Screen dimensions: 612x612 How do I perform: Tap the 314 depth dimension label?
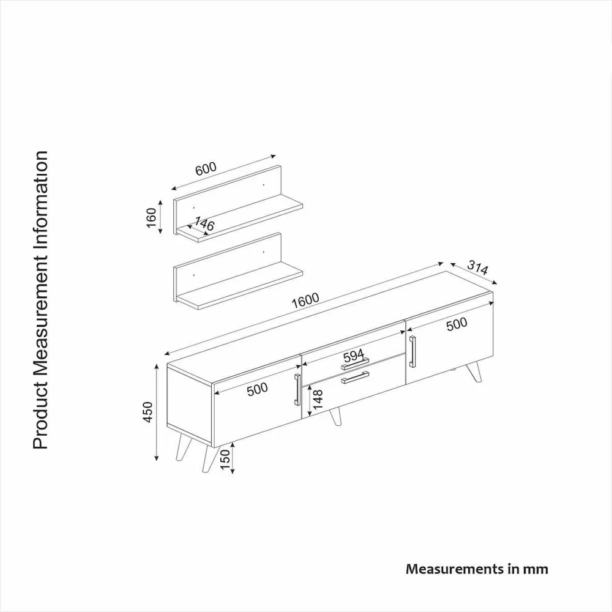[478, 269]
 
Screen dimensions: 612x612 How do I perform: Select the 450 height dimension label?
[148, 411]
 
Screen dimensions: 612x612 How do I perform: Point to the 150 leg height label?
[225, 460]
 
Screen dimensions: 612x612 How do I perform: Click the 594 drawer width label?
[354, 356]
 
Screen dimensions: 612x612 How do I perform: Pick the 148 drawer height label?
[318, 399]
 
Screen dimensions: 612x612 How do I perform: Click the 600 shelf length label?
[206, 168]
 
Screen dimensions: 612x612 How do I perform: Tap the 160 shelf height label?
[151, 217]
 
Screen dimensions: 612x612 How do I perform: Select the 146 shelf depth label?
[204, 223]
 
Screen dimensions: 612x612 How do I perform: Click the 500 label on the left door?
[257, 389]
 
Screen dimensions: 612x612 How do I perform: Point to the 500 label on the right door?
[457, 324]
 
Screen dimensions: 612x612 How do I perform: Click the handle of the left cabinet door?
[297, 389]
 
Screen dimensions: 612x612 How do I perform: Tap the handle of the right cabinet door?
[412, 351]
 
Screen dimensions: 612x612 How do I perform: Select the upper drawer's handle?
[355, 364]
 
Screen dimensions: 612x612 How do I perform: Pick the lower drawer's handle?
[355, 378]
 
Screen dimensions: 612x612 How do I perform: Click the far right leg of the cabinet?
[474, 372]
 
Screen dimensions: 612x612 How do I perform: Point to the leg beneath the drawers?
[335, 416]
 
